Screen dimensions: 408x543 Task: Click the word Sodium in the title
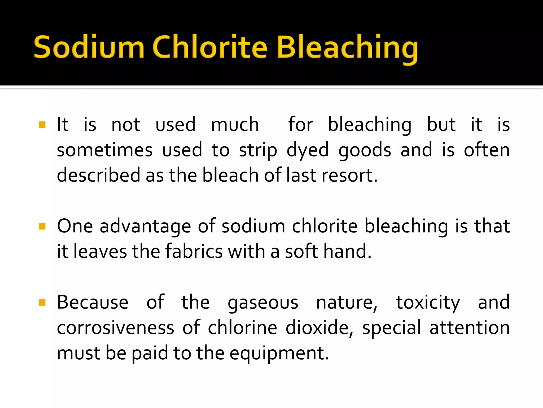[x=89, y=47]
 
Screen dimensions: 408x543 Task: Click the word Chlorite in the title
[x=209, y=47]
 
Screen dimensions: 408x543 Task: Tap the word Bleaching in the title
[x=347, y=49]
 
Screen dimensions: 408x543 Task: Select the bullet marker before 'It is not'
[x=42, y=125]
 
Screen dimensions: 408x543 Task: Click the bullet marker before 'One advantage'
[x=42, y=226]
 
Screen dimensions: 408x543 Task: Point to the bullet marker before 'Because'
[x=42, y=302]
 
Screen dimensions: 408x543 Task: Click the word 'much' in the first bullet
[x=235, y=124]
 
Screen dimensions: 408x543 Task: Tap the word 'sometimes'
[x=105, y=150]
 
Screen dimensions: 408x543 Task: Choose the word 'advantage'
[x=145, y=227]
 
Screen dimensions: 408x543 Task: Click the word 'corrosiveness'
[x=116, y=328]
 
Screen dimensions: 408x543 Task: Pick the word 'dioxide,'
[x=319, y=328]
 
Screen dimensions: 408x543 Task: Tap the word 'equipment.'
[x=279, y=354]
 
